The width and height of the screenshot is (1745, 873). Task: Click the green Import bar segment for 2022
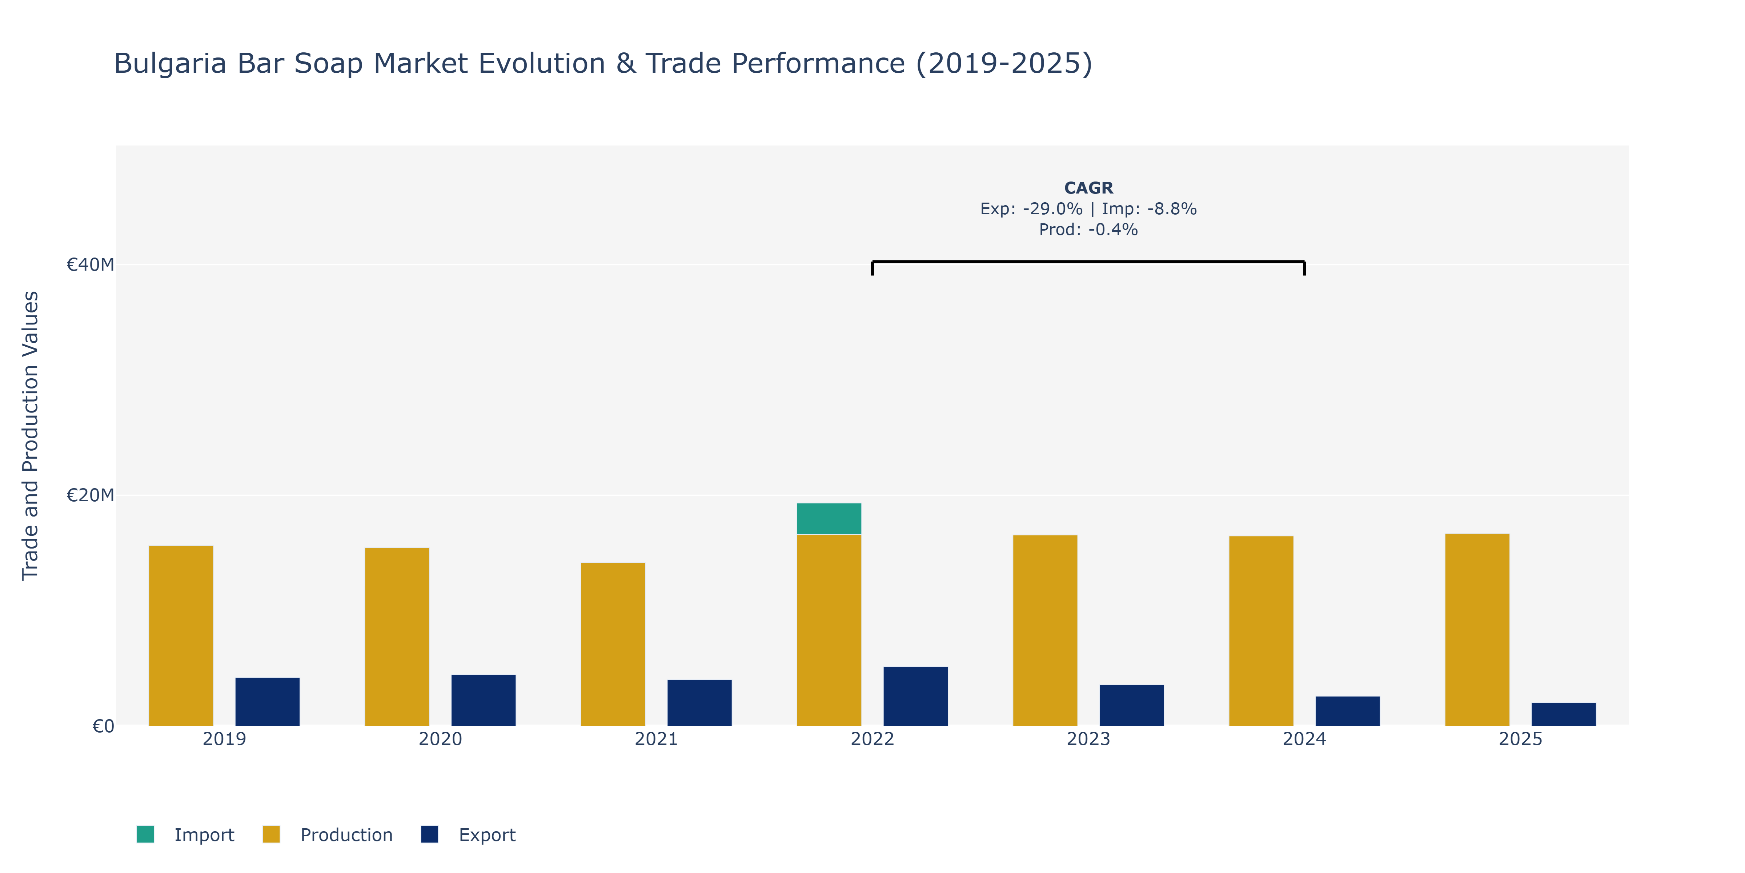(829, 518)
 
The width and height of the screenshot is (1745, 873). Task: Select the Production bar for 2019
(181, 636)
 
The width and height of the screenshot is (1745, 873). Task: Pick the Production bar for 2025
(1477, 630)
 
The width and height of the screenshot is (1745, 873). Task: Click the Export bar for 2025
(1564, 714)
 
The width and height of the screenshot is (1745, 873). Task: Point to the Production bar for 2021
(613, 644)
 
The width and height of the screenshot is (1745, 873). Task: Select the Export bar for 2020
(484, 700)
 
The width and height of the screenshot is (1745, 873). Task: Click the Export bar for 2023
(1131, 706)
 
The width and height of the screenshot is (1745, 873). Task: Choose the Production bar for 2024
(1261, 631)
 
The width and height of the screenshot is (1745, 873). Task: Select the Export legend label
(487, 835)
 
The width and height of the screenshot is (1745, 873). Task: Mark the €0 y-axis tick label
(103, 727)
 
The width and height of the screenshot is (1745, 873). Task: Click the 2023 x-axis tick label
(1088, 739)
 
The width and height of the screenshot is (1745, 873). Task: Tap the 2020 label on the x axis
(440, 739)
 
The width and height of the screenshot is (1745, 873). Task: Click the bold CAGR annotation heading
(1088, 188)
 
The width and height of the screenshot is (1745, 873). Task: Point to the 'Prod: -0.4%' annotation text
(1088, 230)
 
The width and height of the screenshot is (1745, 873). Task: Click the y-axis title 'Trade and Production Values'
(31, 436)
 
